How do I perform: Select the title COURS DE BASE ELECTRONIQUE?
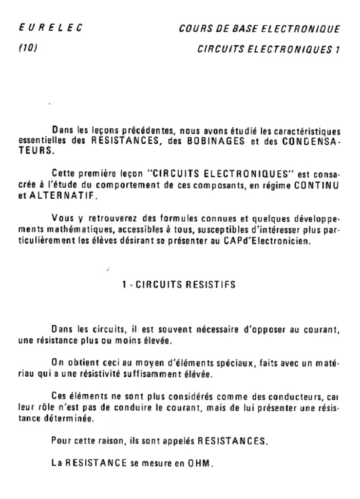259,30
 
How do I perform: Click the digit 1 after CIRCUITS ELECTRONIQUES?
336,49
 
